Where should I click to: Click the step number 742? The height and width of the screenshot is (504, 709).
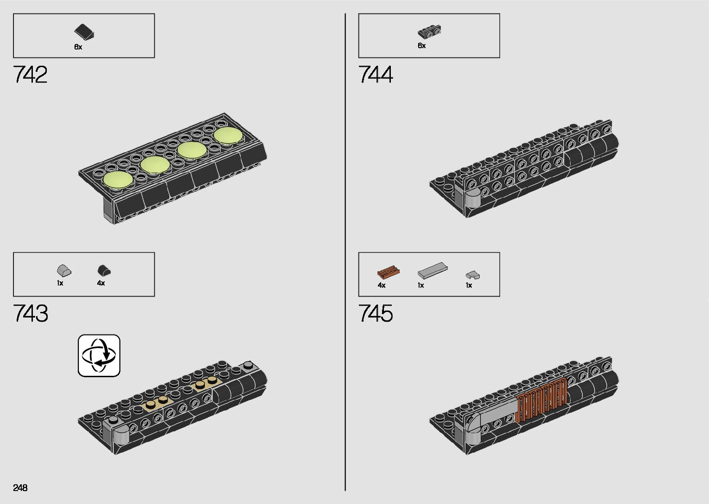pos(31,75)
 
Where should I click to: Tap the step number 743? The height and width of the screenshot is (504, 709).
pos(31,313)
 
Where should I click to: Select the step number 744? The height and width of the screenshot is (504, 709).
pos(376,75)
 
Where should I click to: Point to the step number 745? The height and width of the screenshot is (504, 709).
pos(376,313)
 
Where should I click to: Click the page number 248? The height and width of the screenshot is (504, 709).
pos(20,487)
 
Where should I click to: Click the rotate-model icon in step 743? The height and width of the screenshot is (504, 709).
pos(99,355)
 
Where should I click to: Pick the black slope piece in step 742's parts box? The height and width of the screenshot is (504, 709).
pos(84,31)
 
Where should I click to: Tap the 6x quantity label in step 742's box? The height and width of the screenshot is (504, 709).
pos(78,47)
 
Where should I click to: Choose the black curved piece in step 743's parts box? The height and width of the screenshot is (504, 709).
pos(104,270)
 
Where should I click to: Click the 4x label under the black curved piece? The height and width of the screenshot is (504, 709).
pos(101,283)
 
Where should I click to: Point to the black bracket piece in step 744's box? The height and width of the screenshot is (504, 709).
pos(429,31)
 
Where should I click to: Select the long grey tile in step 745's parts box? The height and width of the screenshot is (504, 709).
pos(433,270)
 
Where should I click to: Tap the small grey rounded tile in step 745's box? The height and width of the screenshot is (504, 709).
pos(472,275)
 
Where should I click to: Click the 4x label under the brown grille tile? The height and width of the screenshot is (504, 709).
pos(382,285)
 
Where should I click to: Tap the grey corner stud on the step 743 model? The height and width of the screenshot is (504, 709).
pos(249,366)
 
